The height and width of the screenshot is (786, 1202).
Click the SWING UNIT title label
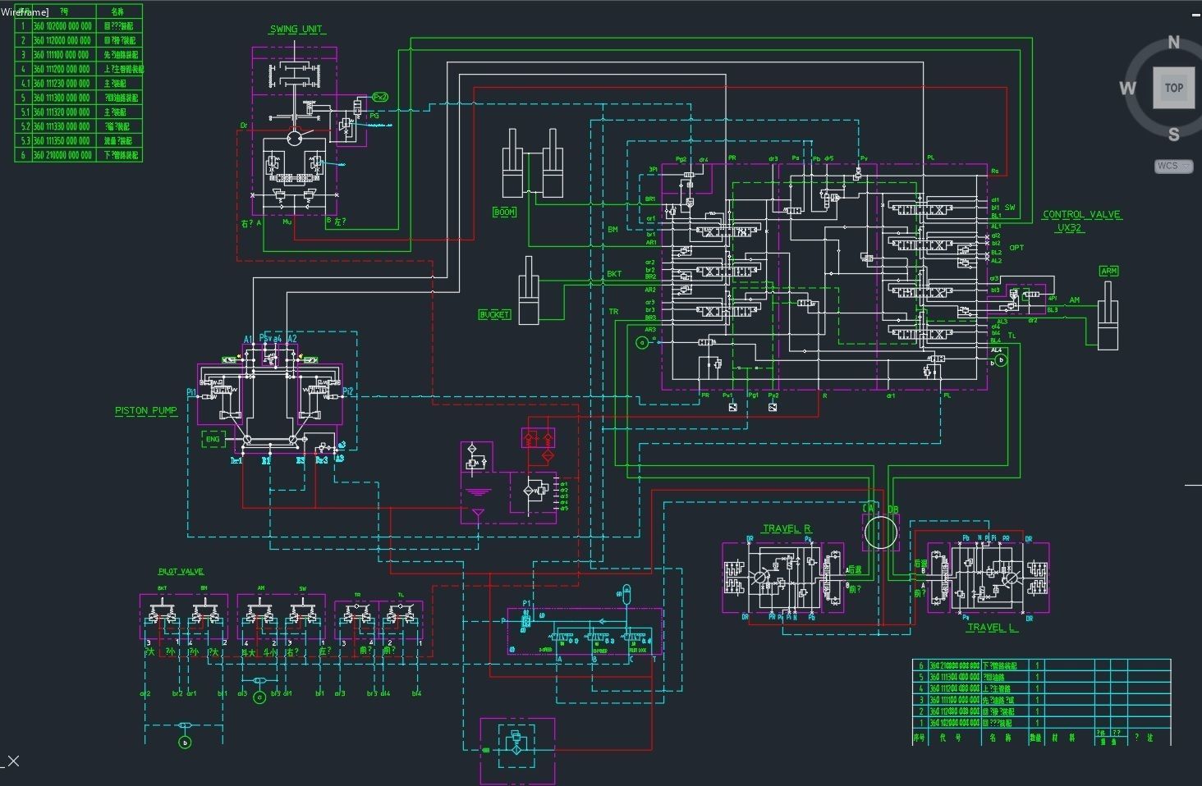(x=296, y=30)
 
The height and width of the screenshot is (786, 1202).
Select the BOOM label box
(x=504, y=212)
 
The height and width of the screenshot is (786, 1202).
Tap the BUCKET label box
(x=494, y=314)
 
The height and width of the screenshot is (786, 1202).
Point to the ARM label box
(x=1109, y=271)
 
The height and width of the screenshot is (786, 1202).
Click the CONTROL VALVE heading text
(x=1081, y=215)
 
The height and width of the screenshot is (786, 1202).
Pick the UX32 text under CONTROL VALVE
(x=1070, y=228)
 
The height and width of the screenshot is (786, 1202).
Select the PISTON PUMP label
(x=146, y=410)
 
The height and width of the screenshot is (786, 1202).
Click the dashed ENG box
(x=213, y=440)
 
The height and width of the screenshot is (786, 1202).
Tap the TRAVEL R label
(x=787, y=529)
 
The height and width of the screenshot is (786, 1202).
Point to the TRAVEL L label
(x=992, y=628)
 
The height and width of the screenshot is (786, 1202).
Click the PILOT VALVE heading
(x=181, y=571)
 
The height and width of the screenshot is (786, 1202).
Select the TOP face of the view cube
(x=1173, y=88)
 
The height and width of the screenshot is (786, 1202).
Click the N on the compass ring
(x=1173, y=43)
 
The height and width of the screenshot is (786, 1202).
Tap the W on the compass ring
(x=1127, y=88)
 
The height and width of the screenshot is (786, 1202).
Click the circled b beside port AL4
(x=1000, y=360)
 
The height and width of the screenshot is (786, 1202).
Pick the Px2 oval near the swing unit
(x=379, y=97)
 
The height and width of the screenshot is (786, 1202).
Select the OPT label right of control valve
(x=1016, y=248)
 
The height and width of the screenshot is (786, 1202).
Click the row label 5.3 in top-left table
(x=25, y=140)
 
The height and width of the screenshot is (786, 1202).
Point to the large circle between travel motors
(x=881, y=532)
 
